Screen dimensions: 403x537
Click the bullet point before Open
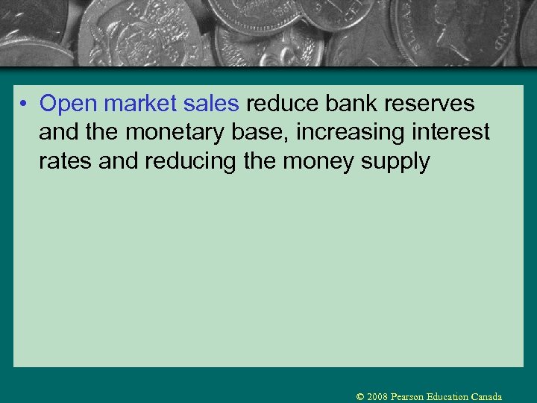[x=25, y=104]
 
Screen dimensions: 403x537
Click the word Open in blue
[x=69, y=104]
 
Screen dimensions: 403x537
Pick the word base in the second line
[x=262, y=133]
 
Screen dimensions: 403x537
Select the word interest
[x=451, y=133]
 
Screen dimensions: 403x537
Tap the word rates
[x=66, y=162]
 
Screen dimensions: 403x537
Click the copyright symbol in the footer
[x=360, y=397]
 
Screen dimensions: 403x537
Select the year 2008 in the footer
[x=378, y=397]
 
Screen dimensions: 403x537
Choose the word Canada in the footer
[x=486, y=397]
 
